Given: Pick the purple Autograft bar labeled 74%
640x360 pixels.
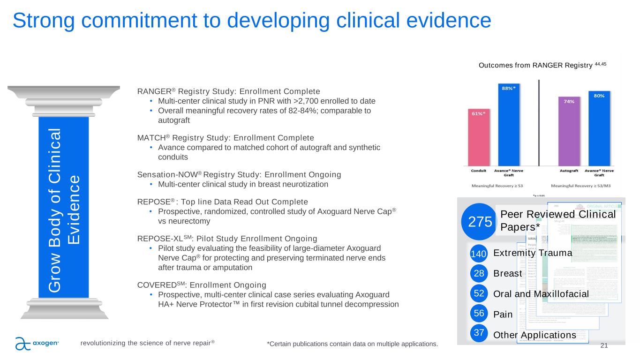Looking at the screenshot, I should (569, 131).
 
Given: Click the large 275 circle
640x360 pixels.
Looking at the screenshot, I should (478, 221).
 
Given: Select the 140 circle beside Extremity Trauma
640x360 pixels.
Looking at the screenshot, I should (478, 254).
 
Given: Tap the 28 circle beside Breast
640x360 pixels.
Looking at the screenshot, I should (478, 273).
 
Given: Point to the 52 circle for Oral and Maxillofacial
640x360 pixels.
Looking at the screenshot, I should (478, 294).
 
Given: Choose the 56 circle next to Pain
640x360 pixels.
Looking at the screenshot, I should (478, 314).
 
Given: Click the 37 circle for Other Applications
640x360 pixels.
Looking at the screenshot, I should (478, 333).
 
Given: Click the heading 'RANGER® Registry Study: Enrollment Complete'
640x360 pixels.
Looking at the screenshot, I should (228, 91).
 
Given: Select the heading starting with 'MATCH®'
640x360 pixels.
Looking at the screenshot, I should (226, 138).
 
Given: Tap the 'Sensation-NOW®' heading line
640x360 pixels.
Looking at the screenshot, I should (239, 174).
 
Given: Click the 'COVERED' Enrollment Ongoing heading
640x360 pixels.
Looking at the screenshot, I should (202, 285).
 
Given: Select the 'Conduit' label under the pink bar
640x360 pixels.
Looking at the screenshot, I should (478, 171).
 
